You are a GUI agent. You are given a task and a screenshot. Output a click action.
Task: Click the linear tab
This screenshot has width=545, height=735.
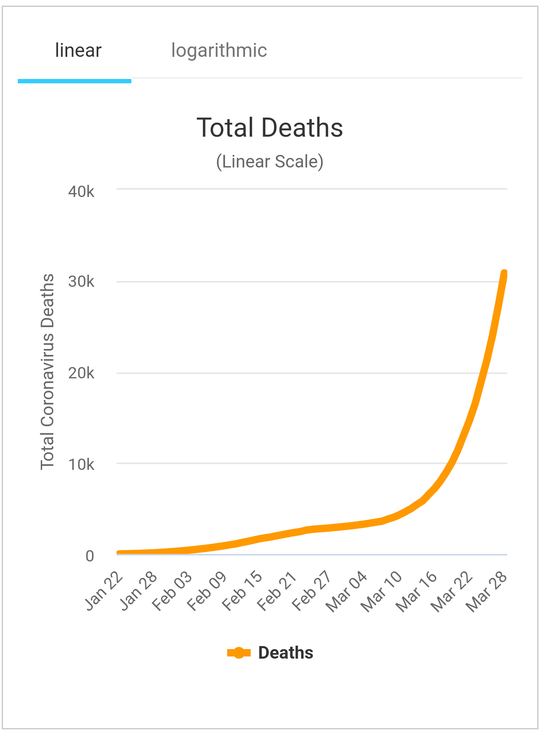tap(78, 51)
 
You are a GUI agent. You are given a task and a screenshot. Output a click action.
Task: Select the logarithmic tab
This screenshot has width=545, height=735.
tap(219, 51)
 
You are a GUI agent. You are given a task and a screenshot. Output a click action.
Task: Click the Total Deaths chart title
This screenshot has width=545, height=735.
tap(270, 128)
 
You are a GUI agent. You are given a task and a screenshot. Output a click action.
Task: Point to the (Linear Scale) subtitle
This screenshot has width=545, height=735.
tap(270, 162)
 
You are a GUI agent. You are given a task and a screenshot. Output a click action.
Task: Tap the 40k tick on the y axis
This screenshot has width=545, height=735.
tap(81, 191)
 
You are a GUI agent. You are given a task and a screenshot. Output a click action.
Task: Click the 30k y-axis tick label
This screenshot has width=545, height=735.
tap(81, 282)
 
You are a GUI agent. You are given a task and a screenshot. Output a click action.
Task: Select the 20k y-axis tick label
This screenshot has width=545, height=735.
tap(81, 373)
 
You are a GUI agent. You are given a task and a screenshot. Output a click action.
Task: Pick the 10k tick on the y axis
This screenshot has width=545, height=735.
tap(81, 465)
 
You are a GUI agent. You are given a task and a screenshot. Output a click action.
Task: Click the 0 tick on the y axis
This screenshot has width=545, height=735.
tap(90, 556)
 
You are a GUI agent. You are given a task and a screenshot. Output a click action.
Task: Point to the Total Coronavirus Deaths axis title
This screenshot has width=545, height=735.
tap(47, 372)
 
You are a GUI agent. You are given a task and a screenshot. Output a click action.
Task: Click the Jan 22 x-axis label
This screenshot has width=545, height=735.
tap(104, 591)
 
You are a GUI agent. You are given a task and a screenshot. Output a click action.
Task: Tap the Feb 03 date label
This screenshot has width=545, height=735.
tap(173, 591)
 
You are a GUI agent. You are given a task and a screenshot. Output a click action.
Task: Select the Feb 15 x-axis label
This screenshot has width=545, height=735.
tap(242, 591)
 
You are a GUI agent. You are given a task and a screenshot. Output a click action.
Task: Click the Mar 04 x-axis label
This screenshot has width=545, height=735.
tap(347, 592)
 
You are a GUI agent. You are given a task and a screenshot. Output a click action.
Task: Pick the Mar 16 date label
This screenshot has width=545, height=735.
tap(417, 592)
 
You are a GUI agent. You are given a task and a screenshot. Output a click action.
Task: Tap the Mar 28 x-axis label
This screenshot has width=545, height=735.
tap(486, 592)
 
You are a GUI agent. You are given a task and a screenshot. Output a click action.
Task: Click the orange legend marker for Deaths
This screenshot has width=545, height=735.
tap(239, 653)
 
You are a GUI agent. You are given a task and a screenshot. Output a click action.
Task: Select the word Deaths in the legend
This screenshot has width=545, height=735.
tap(286, 653)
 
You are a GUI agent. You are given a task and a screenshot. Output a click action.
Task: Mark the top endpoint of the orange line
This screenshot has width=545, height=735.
tap(504, 273)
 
